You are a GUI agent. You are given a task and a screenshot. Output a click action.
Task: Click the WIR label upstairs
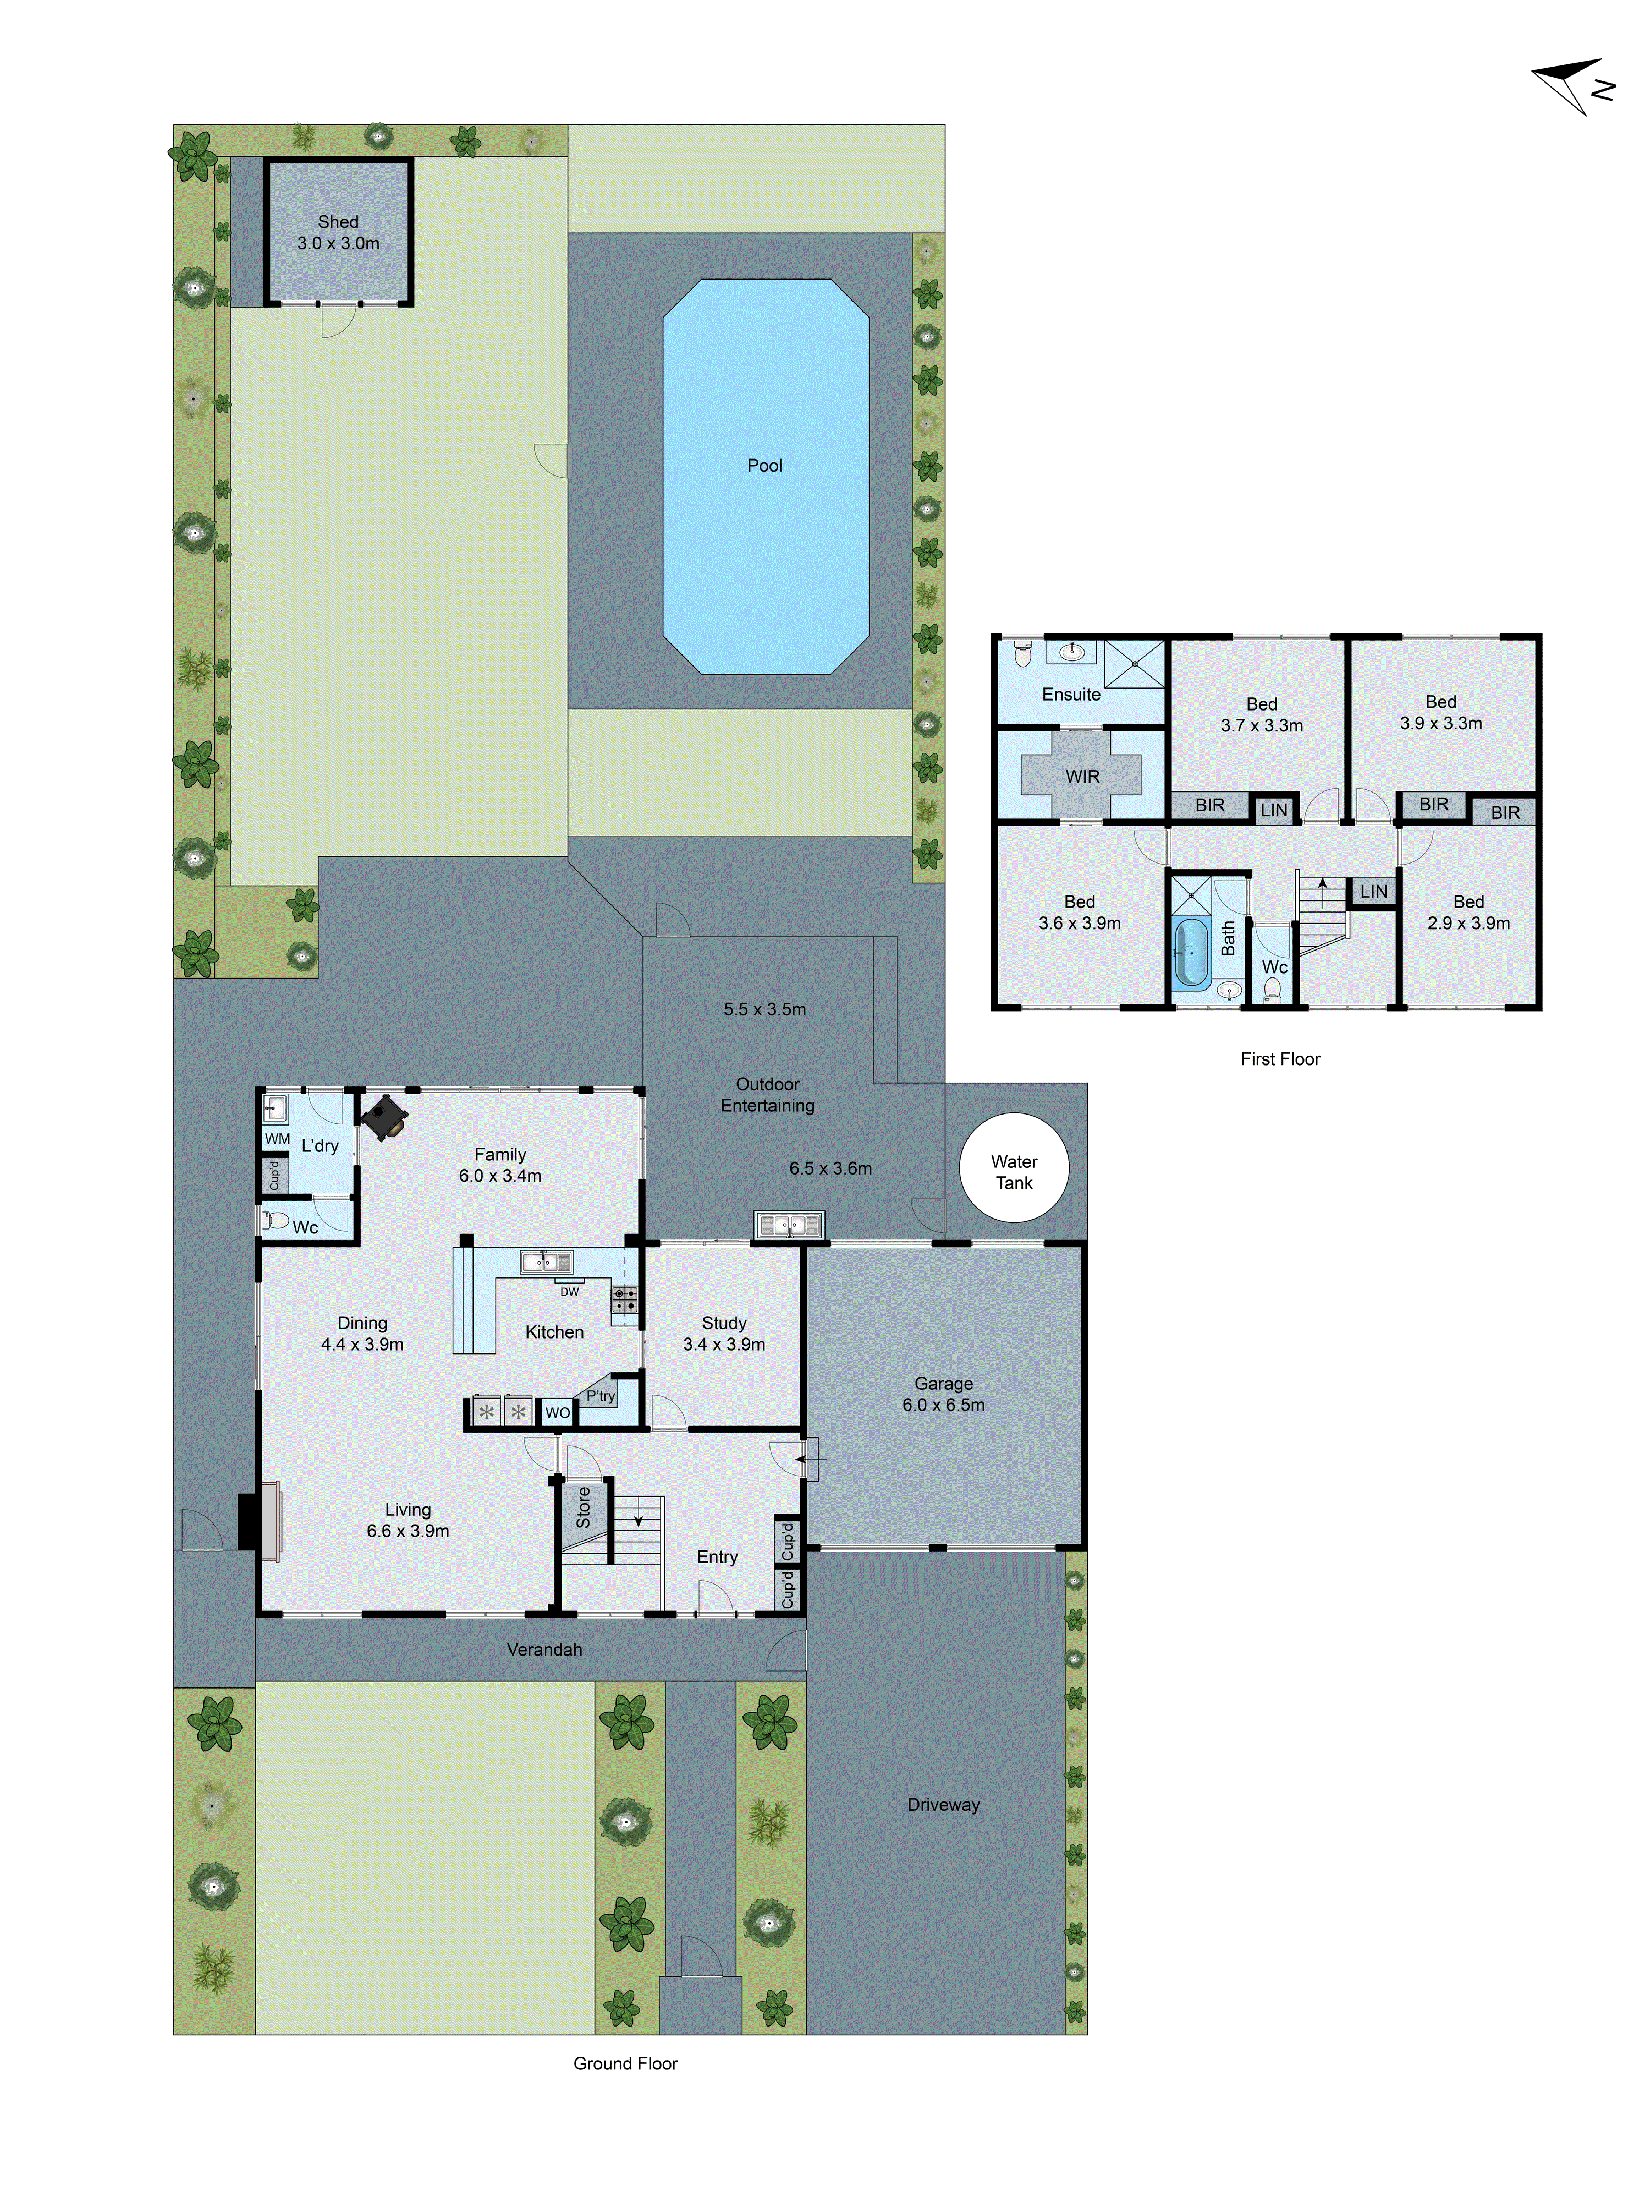[x=1082, y=776]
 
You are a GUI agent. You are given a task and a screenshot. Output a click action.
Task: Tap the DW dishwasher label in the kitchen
[x=569, y=1292]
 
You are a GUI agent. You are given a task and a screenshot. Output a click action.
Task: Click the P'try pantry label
[x=601, y=1395]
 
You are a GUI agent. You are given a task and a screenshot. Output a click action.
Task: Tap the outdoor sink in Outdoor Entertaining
[x=789, y=1225]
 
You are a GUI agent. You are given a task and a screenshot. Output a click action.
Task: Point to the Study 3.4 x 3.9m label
[x=723, y=1334]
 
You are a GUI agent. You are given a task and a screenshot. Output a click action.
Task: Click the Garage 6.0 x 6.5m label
[x=943, y=1394]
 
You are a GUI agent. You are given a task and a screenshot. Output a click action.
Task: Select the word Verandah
[x=544, y=1649]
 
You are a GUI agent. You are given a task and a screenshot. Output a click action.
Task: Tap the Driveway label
[x=943, y=1804]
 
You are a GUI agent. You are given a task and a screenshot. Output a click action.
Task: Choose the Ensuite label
[x=1070, y=695]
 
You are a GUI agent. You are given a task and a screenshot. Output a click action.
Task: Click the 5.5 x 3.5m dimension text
[x=764, y=1009]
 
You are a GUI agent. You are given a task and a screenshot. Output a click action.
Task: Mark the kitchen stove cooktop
[x=624, y=1298]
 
